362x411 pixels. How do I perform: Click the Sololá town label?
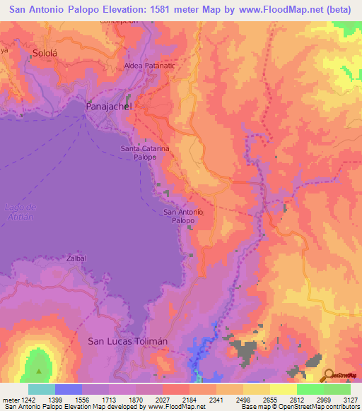click(x=44, y=53)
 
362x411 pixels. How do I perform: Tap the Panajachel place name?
click(x=109, y=106)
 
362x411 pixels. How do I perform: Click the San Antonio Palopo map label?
click(x=184, y=216)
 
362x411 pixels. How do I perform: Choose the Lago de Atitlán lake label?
click(x=19, y=212)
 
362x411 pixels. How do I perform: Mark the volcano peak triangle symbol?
click(x=39, y=370)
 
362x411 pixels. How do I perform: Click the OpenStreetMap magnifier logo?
click(x=329, y=374)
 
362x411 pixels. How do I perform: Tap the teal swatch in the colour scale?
click(x=42, y=389)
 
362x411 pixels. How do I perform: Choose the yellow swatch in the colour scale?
click(x=284, y=389)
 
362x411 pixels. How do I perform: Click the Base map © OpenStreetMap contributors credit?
click(x=300, y=407)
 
